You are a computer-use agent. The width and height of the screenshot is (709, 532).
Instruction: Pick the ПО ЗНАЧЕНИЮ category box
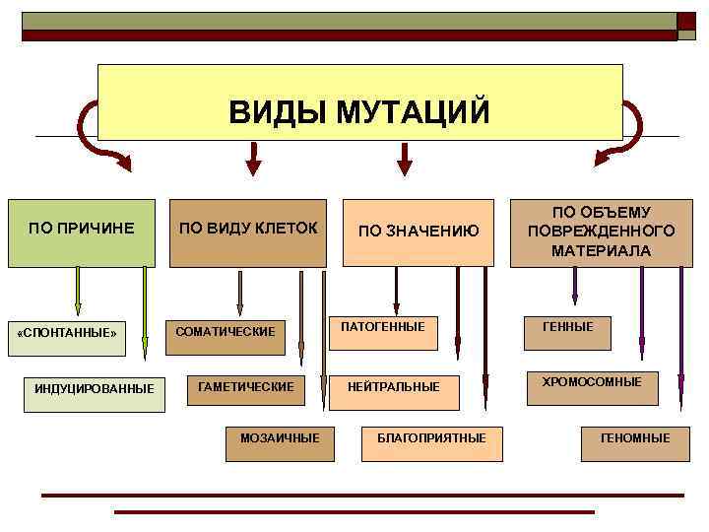click(418, 233)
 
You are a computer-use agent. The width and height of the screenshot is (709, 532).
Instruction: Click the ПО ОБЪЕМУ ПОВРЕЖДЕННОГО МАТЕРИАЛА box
click(601, 233)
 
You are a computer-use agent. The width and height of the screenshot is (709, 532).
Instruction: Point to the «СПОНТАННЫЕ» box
click(68, 333)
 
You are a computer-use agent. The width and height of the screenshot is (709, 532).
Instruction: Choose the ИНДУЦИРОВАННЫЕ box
click(95, 389)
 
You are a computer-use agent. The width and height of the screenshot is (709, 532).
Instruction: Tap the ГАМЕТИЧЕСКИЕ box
click(246, 388)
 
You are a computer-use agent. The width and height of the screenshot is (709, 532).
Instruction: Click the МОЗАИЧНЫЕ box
click(280, 439)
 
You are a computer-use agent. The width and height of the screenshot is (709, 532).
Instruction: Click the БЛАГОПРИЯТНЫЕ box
click(431, 439)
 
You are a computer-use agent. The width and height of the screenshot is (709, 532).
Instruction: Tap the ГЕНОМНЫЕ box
click(635, 439)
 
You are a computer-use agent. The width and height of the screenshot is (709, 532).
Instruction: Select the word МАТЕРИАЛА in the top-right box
click(601, 251)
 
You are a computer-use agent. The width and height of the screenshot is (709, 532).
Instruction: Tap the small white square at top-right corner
click(686, 35)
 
